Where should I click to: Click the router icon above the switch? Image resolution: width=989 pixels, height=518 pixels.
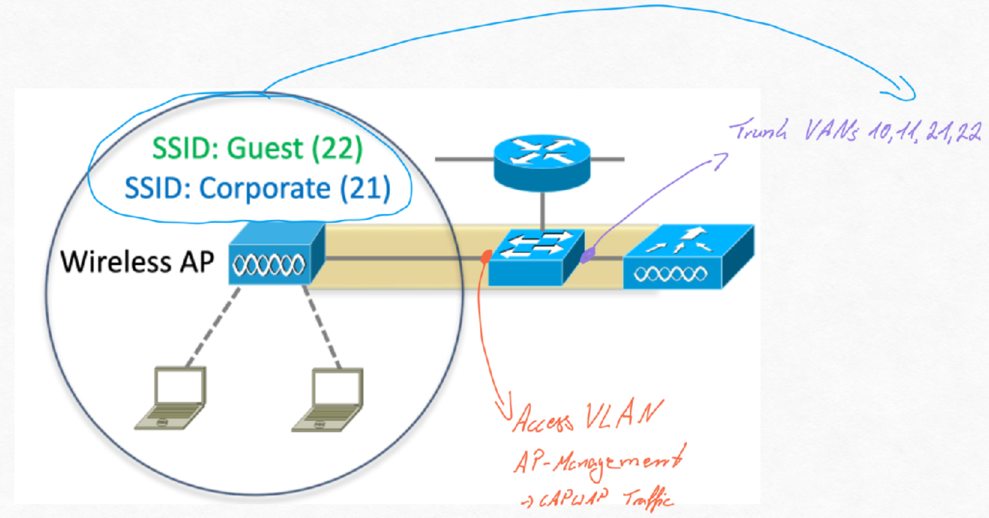pos(542,163)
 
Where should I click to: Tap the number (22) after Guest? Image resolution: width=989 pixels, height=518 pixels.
pos(337,148)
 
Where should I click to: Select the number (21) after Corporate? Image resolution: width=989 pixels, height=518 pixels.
pos(365,188)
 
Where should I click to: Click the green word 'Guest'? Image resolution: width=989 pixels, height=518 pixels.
pos(265,148)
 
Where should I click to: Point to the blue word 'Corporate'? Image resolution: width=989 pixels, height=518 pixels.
pos(265,188)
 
